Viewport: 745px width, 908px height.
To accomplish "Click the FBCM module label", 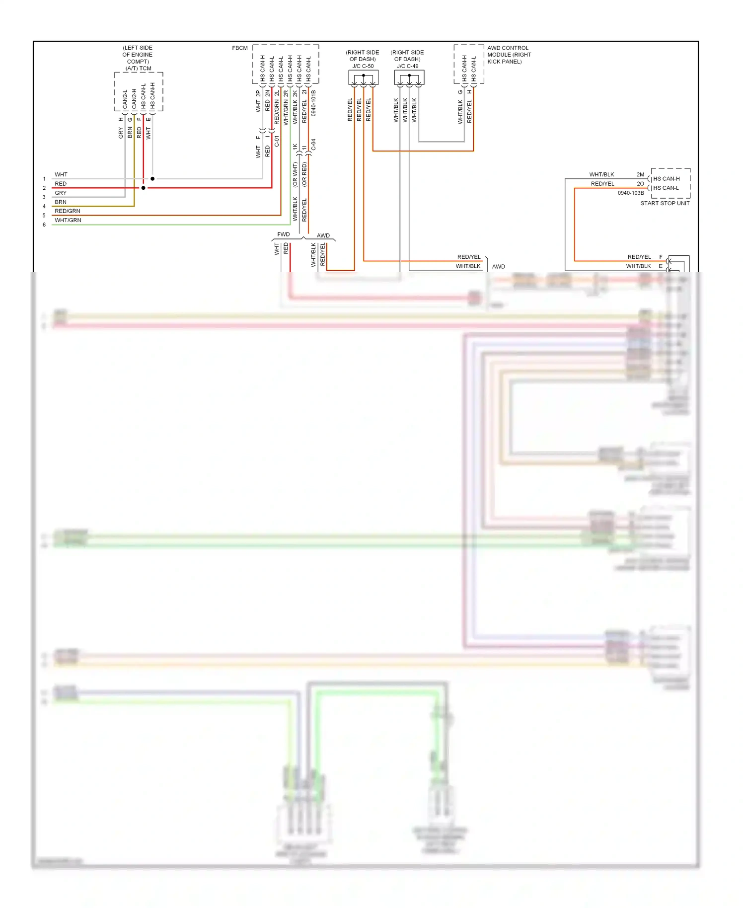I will click(239, 48).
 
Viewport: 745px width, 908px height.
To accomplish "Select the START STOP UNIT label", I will click(665, 203).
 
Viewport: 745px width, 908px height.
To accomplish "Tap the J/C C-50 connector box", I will click(363, 77).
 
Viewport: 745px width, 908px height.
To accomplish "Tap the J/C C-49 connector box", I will click(409, 77).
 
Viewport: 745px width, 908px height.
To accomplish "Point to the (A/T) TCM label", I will click(138, 69).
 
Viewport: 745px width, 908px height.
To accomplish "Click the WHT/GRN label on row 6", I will click(68, 220).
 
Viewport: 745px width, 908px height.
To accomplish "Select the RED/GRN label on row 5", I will click(68, 211).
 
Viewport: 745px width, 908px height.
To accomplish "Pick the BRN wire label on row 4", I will click(61, 202).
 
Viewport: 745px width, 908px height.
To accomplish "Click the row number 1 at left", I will click(44, 179).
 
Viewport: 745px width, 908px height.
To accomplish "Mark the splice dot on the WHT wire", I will click(152, 179).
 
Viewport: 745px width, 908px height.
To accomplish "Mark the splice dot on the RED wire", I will click(144, 188).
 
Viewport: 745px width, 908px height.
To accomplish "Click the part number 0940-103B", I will click(630, 193).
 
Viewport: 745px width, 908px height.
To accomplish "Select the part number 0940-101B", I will click(313, 103).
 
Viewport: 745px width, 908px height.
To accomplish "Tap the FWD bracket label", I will click(283, 234).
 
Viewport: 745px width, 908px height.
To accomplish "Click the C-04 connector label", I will click(313, 145).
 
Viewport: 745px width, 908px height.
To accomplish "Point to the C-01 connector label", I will click(277, 142).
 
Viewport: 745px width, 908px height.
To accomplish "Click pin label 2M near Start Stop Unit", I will click(640, 174).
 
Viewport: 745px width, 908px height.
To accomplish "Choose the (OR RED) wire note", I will click(304, 175).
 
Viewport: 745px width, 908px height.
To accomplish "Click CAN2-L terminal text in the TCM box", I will click(125, 99).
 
